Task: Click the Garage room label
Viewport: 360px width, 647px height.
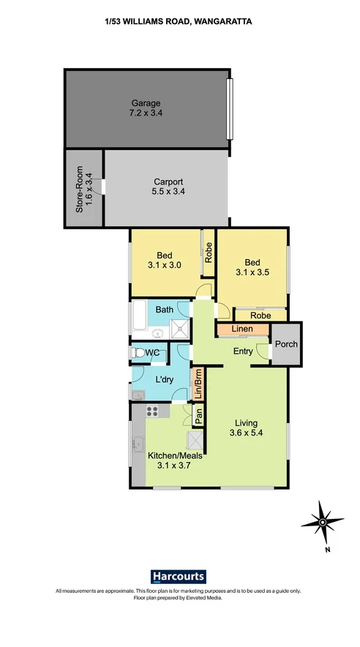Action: [146, 103]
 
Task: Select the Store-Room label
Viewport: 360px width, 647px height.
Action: [80, 190]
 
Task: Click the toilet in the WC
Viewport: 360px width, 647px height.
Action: [135, 353]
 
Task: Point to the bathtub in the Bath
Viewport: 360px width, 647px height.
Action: [139, 315]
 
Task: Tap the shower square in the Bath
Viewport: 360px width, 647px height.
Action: [180, 329]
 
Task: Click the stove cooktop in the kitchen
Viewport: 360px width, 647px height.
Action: [151, 411]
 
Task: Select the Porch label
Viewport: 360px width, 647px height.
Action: [286, 344]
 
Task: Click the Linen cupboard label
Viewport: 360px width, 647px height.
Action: [242, 329]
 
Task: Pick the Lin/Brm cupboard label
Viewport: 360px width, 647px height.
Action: [198, 384]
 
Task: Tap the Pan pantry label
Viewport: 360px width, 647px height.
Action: [198, 416]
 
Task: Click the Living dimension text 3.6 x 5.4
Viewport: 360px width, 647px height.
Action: [246, 433]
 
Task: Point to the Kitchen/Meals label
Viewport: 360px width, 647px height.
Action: [176, 456]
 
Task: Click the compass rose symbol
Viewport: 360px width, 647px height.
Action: [323, 523]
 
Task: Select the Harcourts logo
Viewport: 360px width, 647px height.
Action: [178, 576]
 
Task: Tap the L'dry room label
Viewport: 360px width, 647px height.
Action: [164, 381]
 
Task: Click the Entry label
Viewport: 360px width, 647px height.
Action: [243, 351]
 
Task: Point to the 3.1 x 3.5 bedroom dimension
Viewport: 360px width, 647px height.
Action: [252, 272]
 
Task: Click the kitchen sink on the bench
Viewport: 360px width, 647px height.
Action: [138, 444]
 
